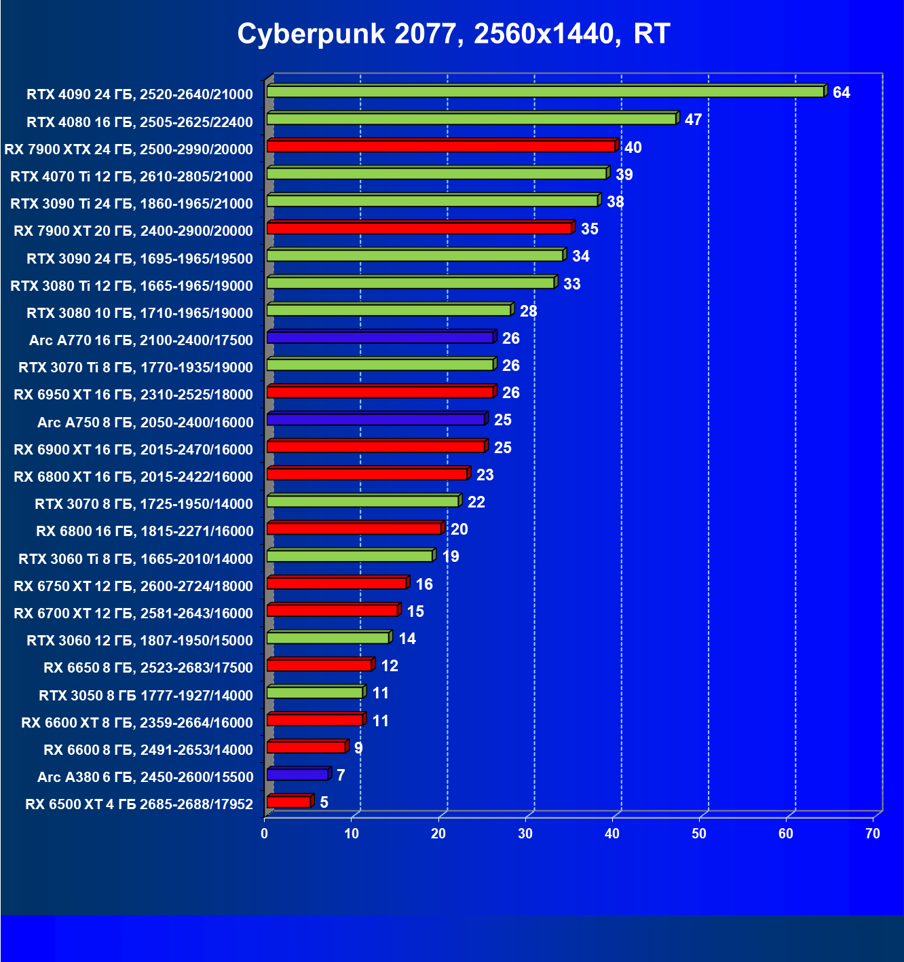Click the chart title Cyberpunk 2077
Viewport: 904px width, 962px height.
(453, 33)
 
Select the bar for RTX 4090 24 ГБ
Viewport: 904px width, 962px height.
(545, 92)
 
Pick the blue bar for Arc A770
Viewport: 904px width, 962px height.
(380, 338)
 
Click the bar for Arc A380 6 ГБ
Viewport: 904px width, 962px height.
(297, 774)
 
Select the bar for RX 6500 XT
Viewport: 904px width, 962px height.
(288, 802)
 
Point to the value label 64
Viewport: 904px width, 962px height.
(841, 92)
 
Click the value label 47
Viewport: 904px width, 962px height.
(693, 120)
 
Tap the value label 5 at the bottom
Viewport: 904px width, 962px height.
(324, 802)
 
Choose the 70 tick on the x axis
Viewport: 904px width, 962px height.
(873, 834)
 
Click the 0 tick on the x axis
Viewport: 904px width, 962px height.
(265, 834)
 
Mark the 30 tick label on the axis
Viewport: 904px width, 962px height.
(525, 834)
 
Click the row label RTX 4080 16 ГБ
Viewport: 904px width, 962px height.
(140, 122)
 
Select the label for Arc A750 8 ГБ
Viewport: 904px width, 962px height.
(145, 422)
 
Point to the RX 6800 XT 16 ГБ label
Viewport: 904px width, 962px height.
(133, 476)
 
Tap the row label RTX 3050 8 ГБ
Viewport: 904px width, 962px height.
(146, 695)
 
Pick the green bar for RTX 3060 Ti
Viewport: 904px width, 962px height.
(350, 556)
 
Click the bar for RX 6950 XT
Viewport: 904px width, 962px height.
(380, 392)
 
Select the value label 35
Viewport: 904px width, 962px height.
(589, 229)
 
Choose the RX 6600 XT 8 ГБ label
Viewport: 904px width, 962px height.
(137, 722)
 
